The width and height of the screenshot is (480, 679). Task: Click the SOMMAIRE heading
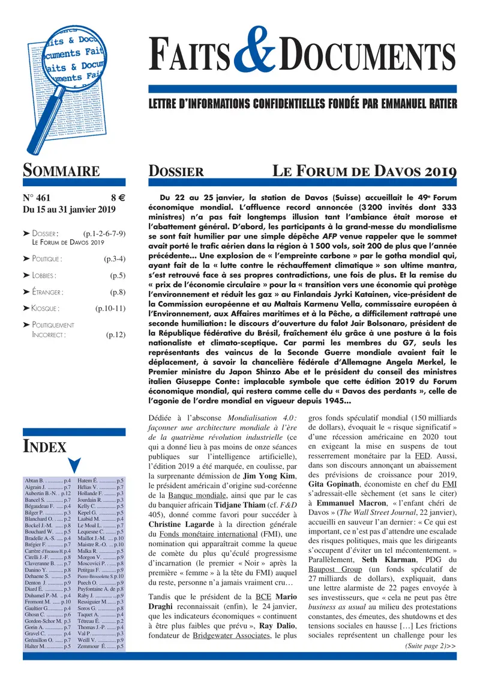pyautogui.click(x=61, y=171)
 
